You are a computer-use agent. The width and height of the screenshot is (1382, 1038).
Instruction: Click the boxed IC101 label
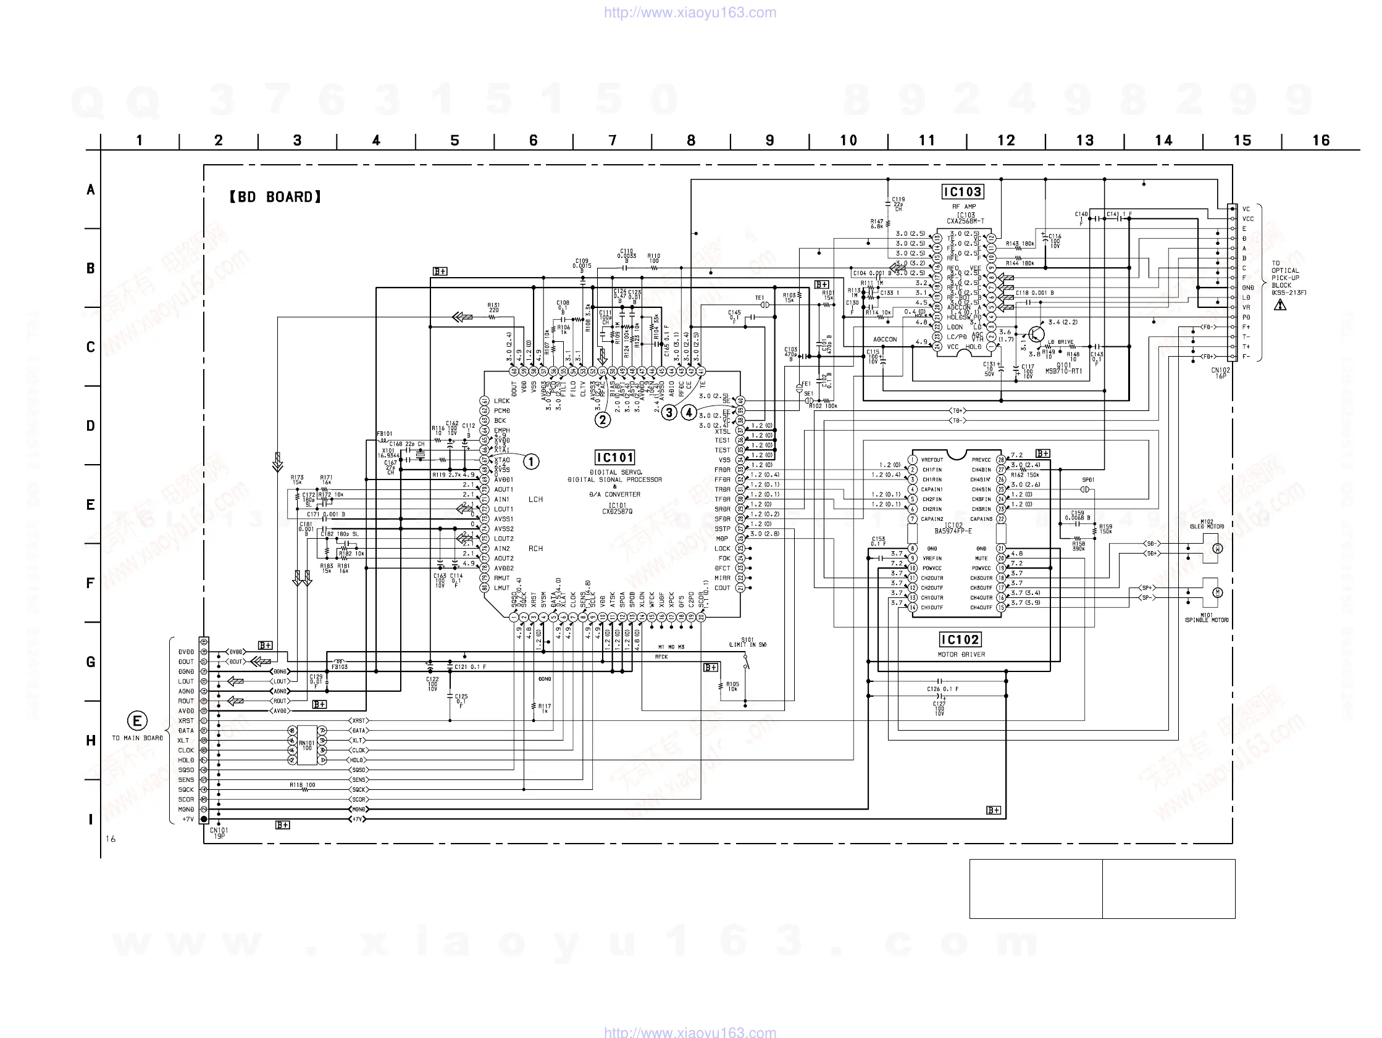coord(615,458)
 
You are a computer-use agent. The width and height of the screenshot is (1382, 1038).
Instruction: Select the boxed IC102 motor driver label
coord(960,639)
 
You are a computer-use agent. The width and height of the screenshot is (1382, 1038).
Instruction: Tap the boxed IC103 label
coord(962,192)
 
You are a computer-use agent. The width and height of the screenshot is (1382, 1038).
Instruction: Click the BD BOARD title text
coord(275,197)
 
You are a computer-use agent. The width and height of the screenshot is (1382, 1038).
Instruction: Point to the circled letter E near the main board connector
coord(137,721)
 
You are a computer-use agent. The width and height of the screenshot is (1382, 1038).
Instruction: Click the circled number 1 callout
coord(530,462)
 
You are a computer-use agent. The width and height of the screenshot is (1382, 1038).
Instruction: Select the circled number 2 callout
coord(602,420)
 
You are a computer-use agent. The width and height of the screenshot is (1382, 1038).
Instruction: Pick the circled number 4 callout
coord(689,413)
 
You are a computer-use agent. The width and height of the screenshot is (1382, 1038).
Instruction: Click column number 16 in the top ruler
coord(1321,141)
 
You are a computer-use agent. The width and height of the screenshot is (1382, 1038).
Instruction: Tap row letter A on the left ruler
coord(91,190)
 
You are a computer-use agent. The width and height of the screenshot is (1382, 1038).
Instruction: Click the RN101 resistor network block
coord(307,745)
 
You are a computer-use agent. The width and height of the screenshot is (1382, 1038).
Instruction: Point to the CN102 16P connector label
coord(1220,373)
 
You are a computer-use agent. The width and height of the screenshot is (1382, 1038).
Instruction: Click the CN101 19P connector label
coord(219,833)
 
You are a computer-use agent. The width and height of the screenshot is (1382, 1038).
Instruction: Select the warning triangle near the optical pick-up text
coord(1280,305)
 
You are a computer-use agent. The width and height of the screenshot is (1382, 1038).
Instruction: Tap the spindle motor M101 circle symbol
coord(1217,592)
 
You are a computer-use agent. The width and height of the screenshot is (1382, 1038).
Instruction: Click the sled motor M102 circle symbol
coord(1217,549)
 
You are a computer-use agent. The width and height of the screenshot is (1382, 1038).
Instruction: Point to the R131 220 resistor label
coord(493,307)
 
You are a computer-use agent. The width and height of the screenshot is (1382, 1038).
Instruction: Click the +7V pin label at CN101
coord(188,820)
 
